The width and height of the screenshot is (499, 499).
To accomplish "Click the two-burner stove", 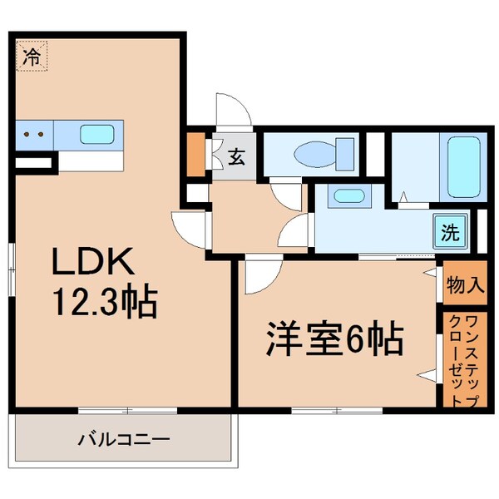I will click(33, 133).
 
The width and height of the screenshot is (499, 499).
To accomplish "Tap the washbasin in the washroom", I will click(345, 198).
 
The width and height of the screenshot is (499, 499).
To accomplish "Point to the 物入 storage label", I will click(464, 285).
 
